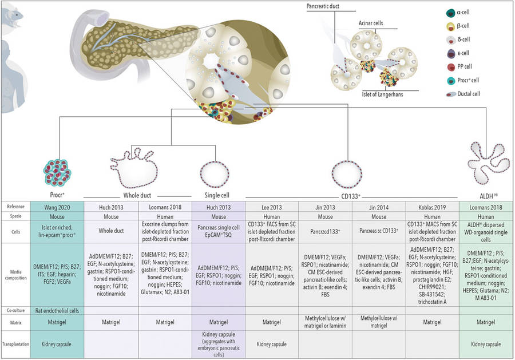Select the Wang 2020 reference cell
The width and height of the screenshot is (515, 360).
coord(57,206)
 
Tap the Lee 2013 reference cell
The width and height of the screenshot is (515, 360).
coord(272,206)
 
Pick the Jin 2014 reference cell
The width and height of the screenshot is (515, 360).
coord(379,206)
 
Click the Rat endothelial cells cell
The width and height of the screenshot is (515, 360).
coord(57,310)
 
